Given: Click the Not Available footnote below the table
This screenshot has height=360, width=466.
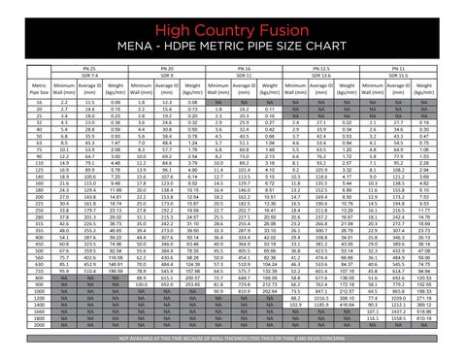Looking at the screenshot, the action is pos(232,334).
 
